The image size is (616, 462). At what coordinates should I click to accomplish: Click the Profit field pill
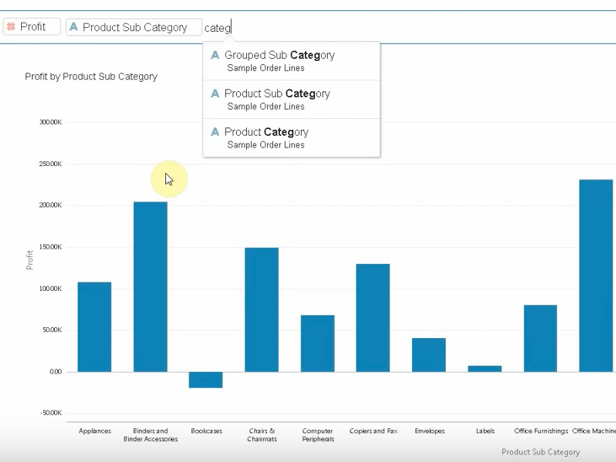(31, 27)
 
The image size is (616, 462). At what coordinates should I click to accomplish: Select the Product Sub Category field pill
(134, 27)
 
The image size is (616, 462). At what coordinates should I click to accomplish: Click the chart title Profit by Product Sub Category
(91, 77)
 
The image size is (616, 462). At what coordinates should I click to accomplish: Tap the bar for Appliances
(94, 326)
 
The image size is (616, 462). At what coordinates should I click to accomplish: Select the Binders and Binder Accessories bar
(150, 287)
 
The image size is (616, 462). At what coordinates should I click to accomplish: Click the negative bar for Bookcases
(206, 379)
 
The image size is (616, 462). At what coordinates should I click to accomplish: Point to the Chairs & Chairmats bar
(261, 309)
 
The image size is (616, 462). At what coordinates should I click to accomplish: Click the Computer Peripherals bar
(318, 343)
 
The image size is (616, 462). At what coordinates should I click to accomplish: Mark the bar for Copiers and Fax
(372, 318)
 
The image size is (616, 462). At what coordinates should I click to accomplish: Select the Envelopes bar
(429, 355)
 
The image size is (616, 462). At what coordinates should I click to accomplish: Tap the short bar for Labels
(485, 368)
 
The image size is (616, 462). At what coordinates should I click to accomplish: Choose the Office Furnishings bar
(540, 338)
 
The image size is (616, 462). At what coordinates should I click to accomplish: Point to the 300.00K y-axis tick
(50, 122)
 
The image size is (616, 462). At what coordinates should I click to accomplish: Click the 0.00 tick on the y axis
(56, 372)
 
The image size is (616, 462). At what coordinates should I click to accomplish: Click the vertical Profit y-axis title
(30, 259)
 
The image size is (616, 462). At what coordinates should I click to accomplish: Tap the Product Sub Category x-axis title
(540, 452)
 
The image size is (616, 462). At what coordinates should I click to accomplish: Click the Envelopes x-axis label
(429, 431)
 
